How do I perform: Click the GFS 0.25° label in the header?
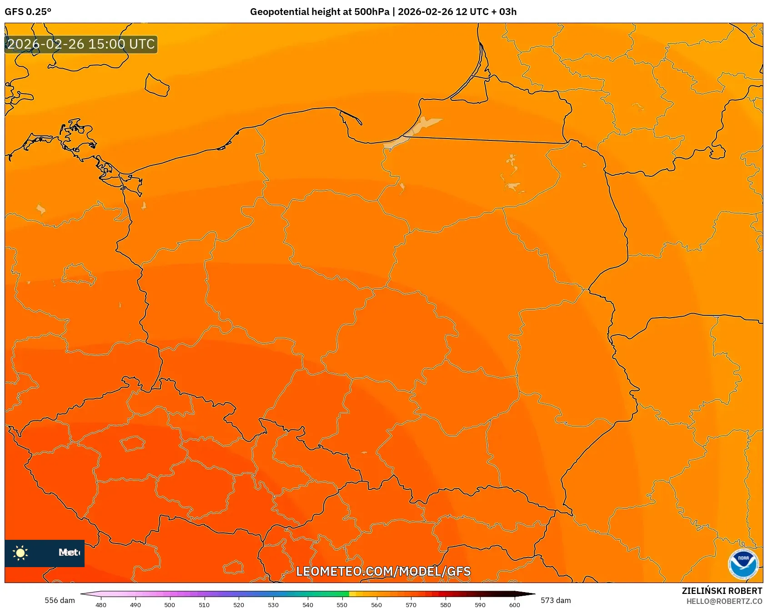(x=28, y=12)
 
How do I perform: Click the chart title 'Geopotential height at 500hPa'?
(x=319, y=12)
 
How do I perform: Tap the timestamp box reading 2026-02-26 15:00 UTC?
(x=81, y=45)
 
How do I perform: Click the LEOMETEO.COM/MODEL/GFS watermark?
(x=383, y=571)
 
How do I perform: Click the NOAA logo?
(x=743, y=564)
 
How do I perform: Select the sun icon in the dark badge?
(x=20, y=553)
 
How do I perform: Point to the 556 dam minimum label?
(x=60, y=600)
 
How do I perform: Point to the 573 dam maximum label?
(x=556, y=600)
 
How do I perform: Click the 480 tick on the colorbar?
(x=101, y=605)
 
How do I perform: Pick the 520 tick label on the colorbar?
(x=239, y=605)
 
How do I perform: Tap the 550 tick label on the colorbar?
(x=342, y=605)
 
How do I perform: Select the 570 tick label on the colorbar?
(x=411, y=605)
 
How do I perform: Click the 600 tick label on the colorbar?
(x=514, y=605)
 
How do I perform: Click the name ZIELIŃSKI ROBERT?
(x=722, y=591)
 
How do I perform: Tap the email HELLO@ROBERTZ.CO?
(x=724, y=601)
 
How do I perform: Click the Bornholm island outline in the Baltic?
(x=157, y=85)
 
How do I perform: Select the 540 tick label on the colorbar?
(x=308, y=605)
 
